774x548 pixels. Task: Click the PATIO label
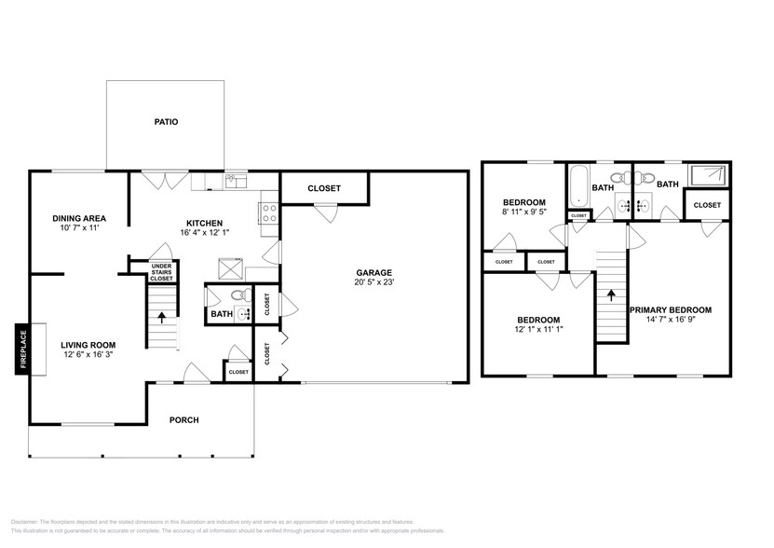[166, 122]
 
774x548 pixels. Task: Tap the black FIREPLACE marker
[21, 349]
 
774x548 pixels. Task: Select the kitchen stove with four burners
[270, 212]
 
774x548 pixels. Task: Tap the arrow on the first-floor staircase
[163, 317]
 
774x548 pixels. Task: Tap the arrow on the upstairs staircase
[611, 295]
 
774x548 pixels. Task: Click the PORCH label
[183, 420]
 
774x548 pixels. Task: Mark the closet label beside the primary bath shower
[706, 205]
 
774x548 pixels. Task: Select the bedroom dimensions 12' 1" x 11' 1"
[538, 329]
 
